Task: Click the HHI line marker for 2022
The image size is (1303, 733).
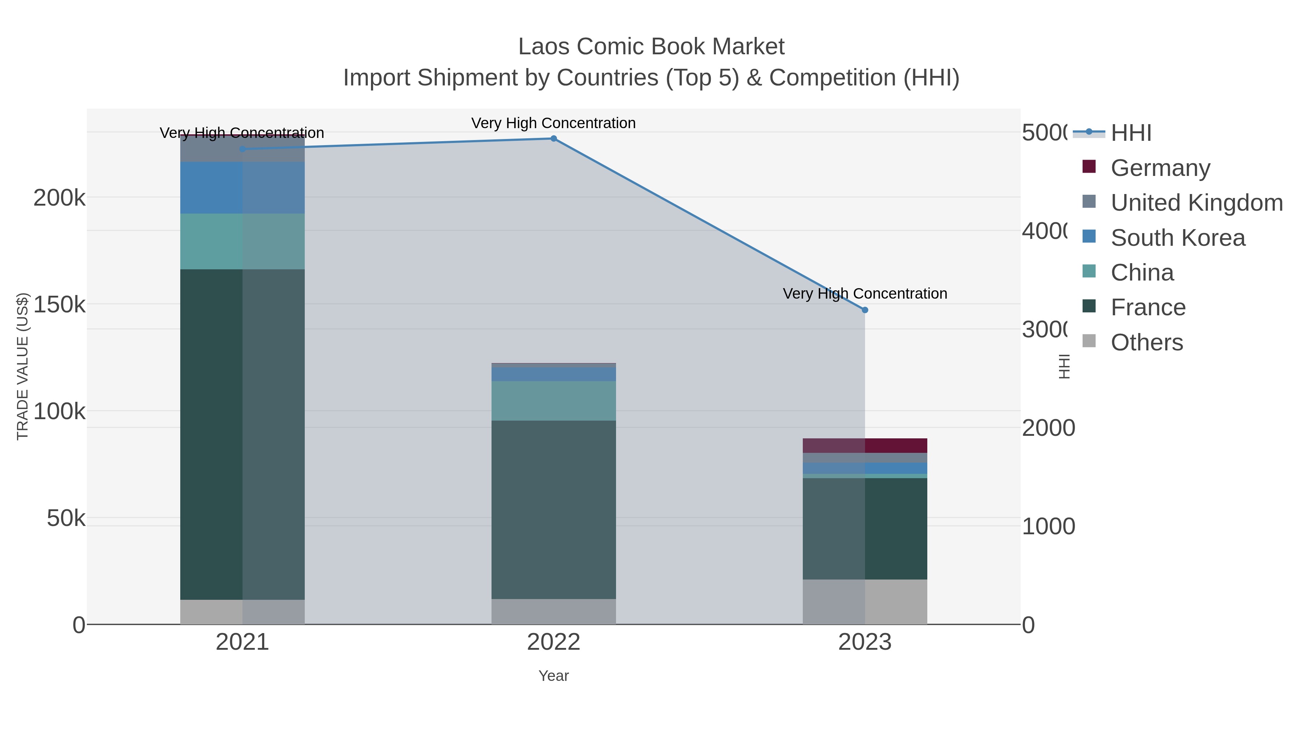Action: point(553,139)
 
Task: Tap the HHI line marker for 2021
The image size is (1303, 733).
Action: point(242,149)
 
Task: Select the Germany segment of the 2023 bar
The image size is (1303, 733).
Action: point(864,446)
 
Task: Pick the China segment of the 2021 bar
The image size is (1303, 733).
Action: point(242,241)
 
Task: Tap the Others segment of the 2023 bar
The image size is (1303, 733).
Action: point(864,602)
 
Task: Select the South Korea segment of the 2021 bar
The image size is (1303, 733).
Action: point(242,188)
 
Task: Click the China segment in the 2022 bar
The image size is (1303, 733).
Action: point(553,401)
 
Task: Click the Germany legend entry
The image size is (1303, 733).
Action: point(1160,168)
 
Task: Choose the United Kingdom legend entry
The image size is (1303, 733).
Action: point(1196,203)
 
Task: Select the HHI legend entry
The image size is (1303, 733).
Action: point(1131,133)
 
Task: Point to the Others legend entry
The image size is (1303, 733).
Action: point(1146,342)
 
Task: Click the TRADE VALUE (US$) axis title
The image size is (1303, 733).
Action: point(23,366)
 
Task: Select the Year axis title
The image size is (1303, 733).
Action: point(553,676)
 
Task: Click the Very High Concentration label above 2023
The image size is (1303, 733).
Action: point(864,294)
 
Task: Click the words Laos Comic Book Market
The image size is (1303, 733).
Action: point(651,47)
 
